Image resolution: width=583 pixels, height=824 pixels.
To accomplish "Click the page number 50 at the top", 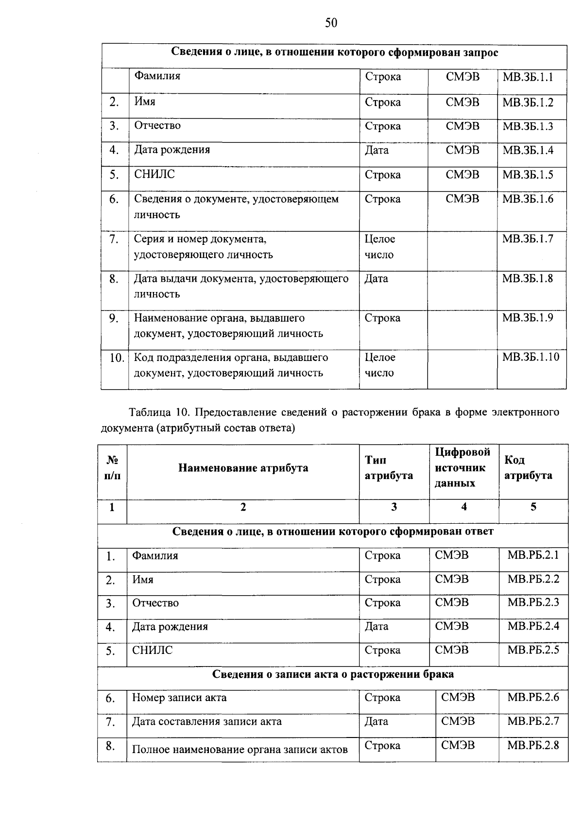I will point(331,23).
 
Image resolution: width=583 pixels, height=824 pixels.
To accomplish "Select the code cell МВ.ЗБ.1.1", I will point(528,77).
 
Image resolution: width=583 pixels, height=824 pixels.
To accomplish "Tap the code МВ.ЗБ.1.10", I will point(531,358).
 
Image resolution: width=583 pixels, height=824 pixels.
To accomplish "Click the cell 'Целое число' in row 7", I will point(379,247).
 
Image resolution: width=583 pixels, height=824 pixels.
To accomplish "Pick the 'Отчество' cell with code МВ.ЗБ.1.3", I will point(157,126).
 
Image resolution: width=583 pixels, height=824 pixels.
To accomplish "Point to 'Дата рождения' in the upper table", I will point(172,150).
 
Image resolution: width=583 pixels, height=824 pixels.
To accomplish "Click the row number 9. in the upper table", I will point(114,318).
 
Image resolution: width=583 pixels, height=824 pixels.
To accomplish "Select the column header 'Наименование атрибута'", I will point(243,468).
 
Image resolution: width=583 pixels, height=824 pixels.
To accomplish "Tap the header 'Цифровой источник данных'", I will point(463,467).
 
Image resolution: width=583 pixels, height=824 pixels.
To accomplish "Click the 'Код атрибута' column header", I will point(528,467).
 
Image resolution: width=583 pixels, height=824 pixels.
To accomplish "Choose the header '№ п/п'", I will point(112,467).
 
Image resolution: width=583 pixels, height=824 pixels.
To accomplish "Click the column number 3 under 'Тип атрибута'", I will point(394,507).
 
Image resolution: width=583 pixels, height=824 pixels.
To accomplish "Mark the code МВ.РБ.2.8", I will point(533,745).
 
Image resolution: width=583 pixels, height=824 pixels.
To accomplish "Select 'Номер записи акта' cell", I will point(179,698).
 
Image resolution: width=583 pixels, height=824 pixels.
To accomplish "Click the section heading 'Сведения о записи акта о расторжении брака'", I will point(333,674).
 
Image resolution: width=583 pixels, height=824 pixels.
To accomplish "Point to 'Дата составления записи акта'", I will point(206,721).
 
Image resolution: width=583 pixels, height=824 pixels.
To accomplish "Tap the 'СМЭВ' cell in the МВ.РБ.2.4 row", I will point(452,626).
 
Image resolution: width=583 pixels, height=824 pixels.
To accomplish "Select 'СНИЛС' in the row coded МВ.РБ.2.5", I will point(152,650).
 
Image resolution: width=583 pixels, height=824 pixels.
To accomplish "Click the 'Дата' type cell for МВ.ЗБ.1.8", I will point(377,279).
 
